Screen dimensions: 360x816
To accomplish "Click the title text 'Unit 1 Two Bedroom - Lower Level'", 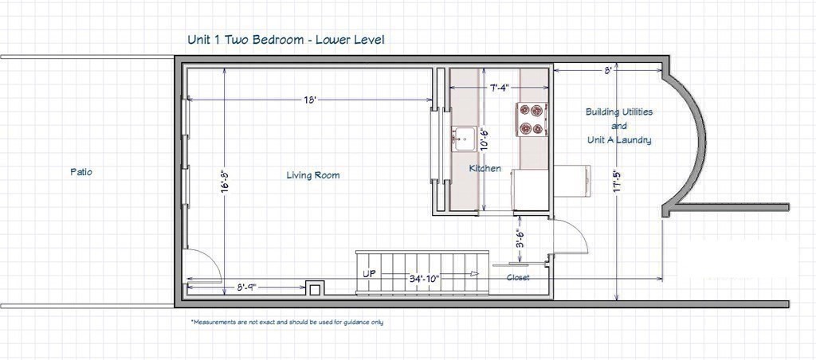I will point(287,39).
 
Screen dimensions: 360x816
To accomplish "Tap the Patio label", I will point(81,171).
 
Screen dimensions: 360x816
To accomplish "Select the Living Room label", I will point(313,175).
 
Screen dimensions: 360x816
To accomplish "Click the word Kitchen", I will point(484,168).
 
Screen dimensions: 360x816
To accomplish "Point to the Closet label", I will point(518,278).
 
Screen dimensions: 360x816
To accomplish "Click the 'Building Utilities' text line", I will point(619,112).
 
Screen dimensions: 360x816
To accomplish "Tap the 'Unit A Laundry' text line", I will point(619,140).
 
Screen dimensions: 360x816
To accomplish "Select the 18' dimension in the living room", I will point(311,100).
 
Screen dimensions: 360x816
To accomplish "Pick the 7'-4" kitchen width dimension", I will point(500,87).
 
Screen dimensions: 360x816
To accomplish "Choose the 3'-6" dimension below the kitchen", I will point(519,239).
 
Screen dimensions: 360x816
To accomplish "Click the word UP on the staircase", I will point(370,273).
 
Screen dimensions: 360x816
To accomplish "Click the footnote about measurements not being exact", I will point(287,323).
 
